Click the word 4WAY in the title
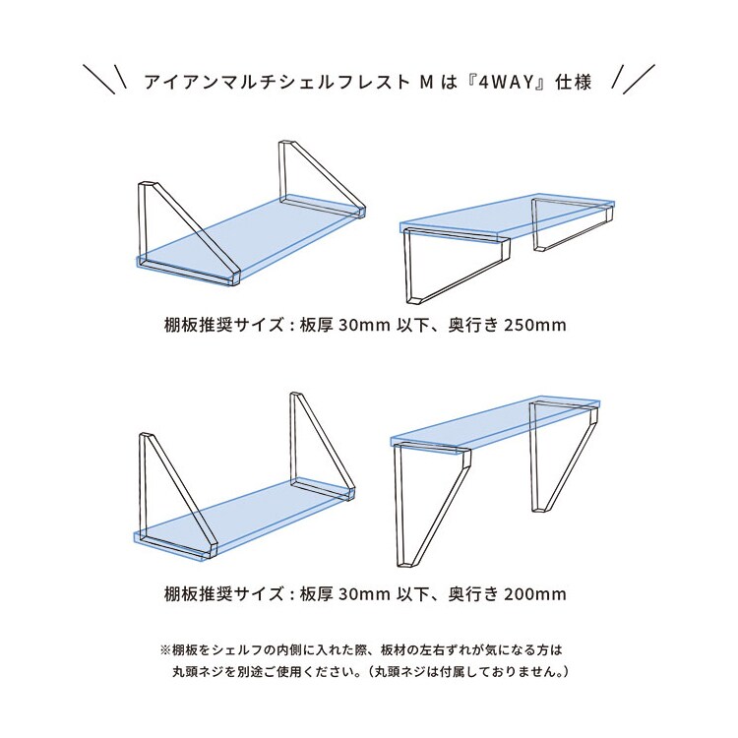(x=508, y=83)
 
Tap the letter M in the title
(x=426, y=83)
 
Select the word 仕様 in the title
(x=574, y=83)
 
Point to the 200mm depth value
(x=534, y=594)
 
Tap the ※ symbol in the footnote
(x=165, y=651)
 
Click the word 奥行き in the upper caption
(x=472, y=326)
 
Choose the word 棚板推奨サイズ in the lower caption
(x=223, y=594)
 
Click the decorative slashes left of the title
(x=104, y=79)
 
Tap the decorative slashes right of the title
(x=633, y=79)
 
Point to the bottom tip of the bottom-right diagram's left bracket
(x=405, y=565)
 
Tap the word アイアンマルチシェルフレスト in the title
(x=277, y=83)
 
